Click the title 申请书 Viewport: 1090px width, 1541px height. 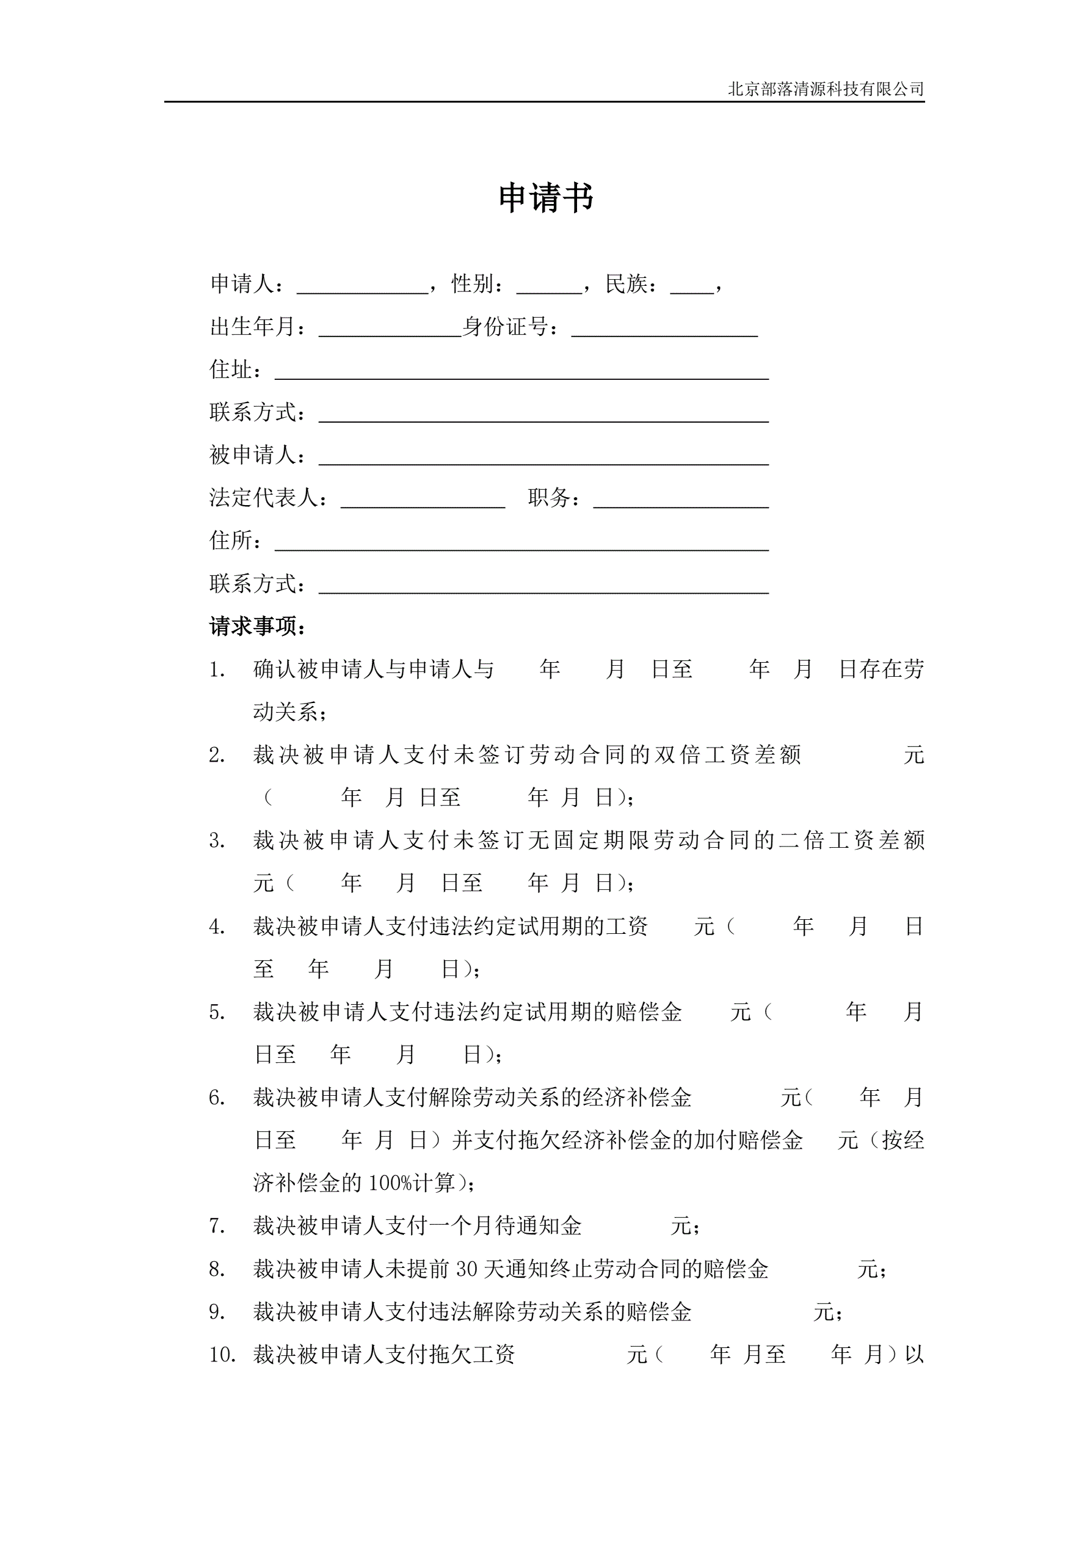(x=546, y=199)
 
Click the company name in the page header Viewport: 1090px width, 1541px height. (x=826, y=89)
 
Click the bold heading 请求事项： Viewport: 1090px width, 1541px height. (x=258, y=627)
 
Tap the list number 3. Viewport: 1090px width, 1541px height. (x=216, y=841)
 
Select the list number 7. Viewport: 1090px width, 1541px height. (x=216, y=1226)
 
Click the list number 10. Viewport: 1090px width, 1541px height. (x=222, y=1355)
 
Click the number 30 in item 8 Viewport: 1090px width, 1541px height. (x=467, y=1269)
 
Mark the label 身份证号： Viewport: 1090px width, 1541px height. (x=510, y=327)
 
